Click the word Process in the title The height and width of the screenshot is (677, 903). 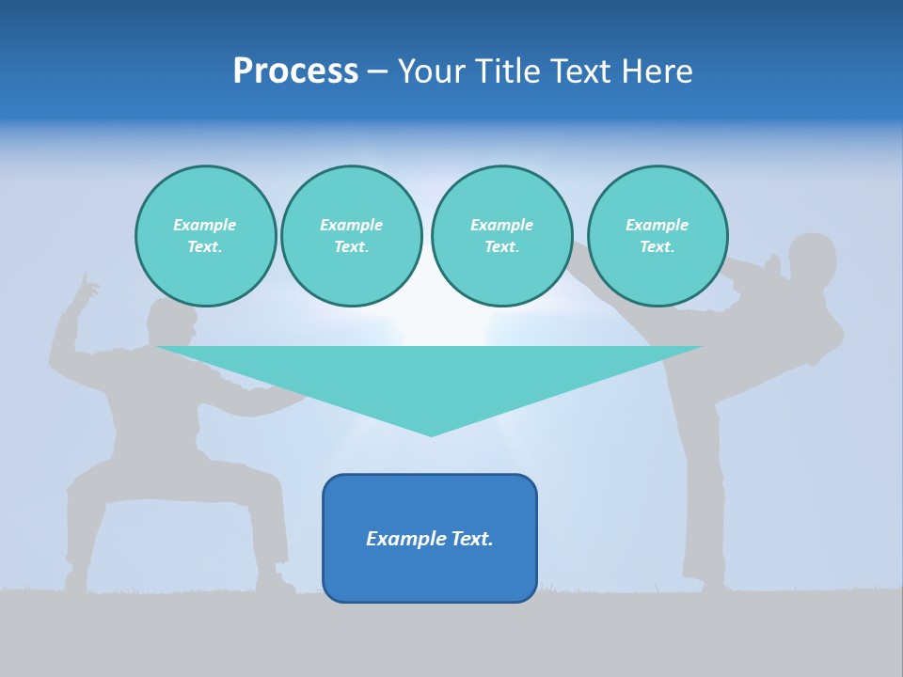point(295,71)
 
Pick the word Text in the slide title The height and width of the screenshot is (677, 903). point(581,71)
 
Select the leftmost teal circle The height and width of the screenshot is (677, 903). point(205,236)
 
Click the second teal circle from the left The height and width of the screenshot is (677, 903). point(352,236)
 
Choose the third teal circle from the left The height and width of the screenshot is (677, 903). point(501,236)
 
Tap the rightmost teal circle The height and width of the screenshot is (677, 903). point(657,236)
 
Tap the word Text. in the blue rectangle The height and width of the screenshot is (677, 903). point(470,539)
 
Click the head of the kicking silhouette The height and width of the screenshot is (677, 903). point(813,258)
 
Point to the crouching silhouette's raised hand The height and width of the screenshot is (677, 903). point(87,287)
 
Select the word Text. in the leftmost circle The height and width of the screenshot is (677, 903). point(205,247)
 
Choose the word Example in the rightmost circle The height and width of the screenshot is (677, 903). point(657,225)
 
